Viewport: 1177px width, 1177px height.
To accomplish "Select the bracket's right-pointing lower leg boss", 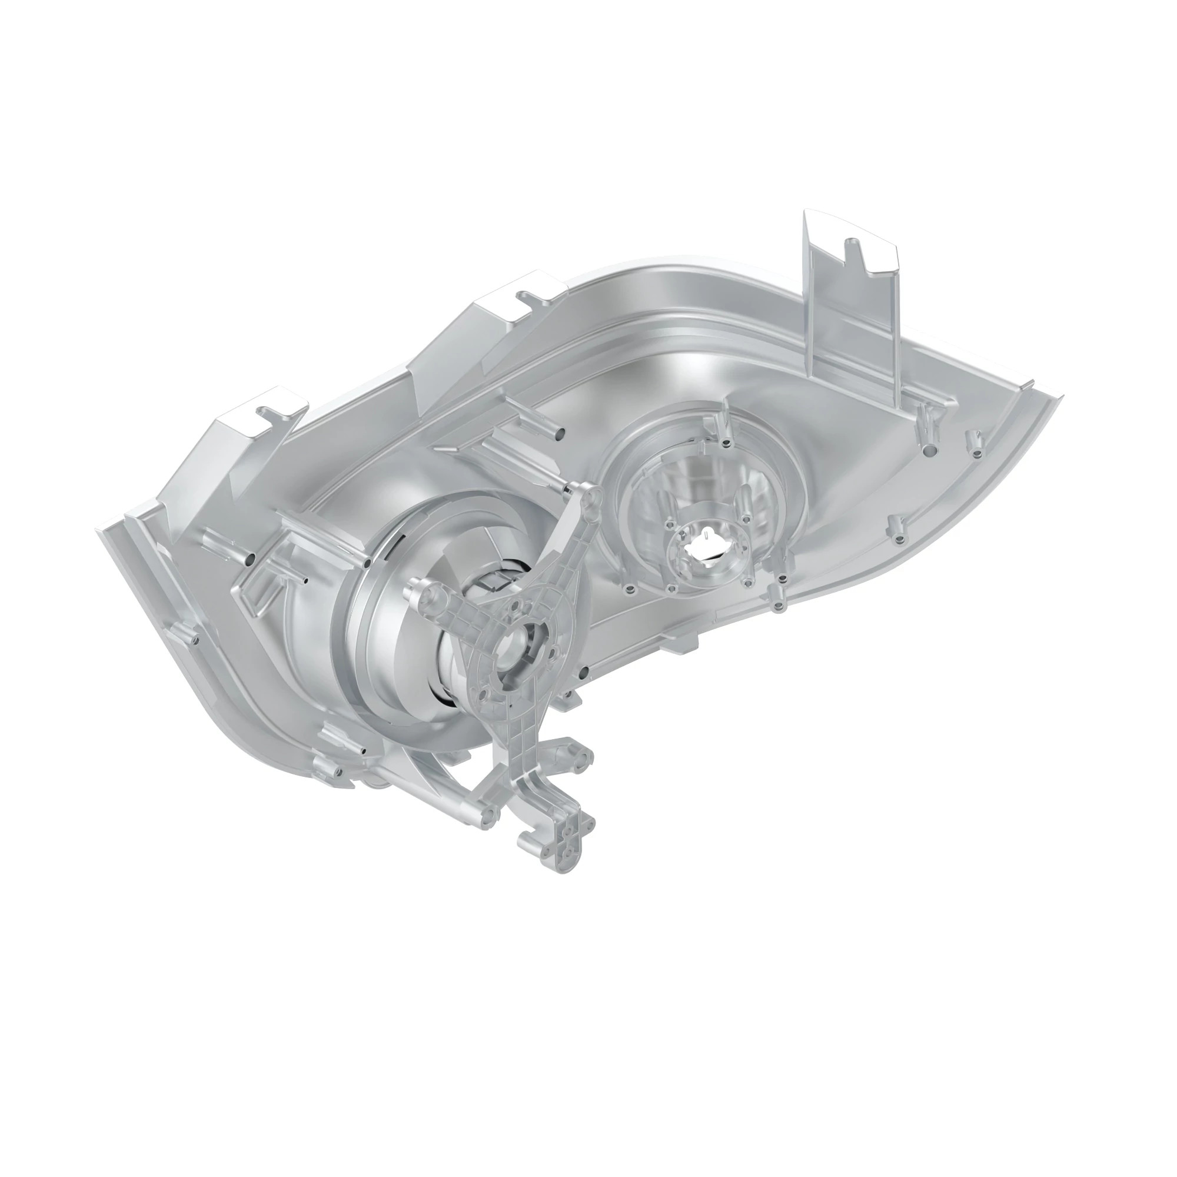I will coord(585,756).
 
